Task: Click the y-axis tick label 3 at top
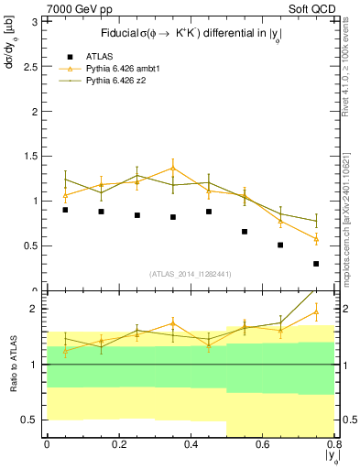pos(34,23)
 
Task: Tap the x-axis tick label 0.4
pos(191,445)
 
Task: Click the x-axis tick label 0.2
pos(118,445)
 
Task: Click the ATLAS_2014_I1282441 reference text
pos(191,274)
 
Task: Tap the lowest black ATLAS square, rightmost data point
pos(316,264)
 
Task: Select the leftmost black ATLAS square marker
pos(65,210)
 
